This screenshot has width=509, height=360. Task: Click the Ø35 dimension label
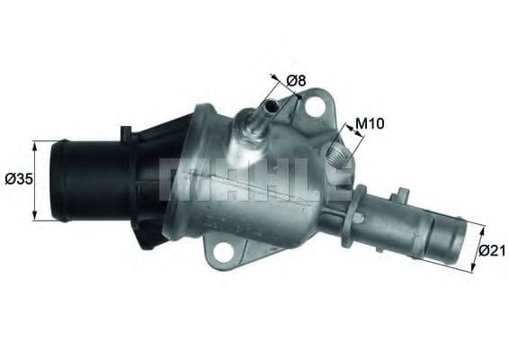point(18,178)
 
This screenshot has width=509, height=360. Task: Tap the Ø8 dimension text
point(296,81)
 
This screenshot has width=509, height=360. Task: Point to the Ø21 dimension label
point(491,252)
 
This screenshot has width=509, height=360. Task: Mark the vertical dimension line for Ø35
point(35,180)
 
